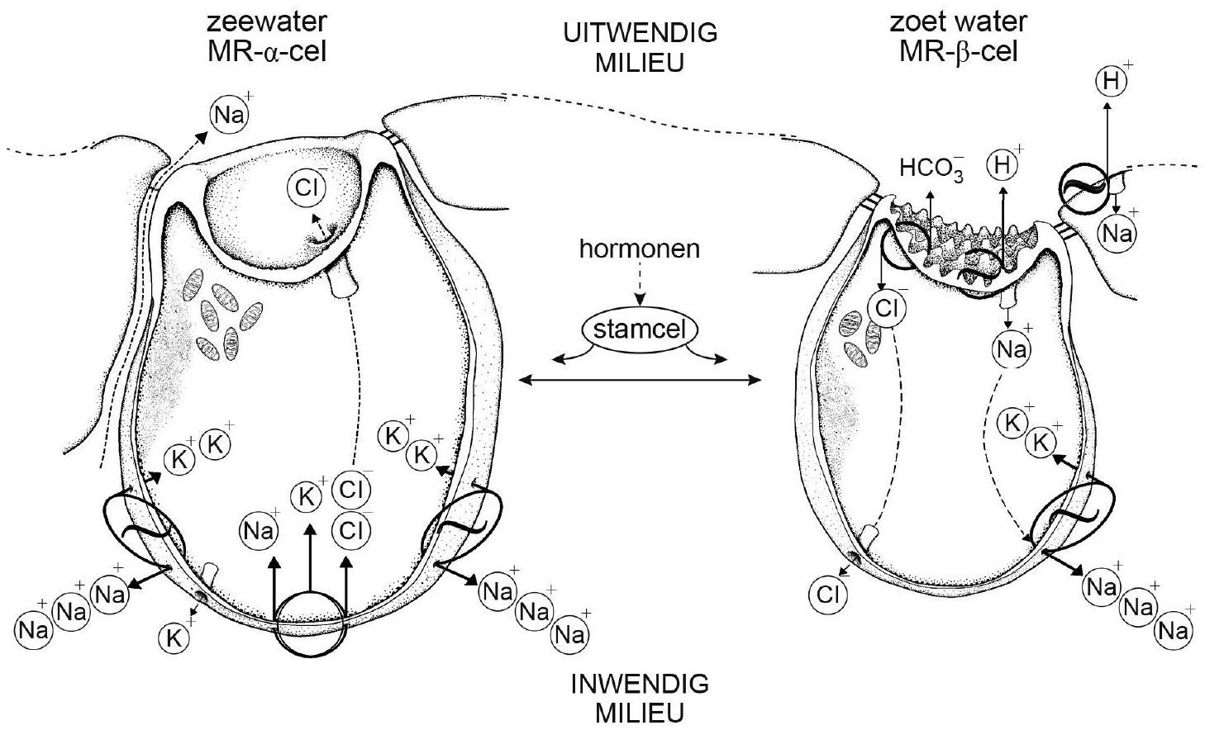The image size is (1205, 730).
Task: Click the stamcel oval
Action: (640, 331)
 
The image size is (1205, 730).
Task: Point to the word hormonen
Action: (639, 249)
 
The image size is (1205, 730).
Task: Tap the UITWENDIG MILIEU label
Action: (640, 48)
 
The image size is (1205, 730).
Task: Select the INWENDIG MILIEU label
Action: (640, 698)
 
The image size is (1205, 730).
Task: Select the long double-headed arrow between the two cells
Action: (639, 380)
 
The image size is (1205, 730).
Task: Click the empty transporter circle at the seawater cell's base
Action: (308, 624)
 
